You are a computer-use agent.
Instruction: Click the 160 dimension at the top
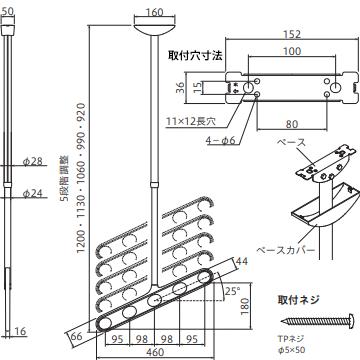pos(152,14)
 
